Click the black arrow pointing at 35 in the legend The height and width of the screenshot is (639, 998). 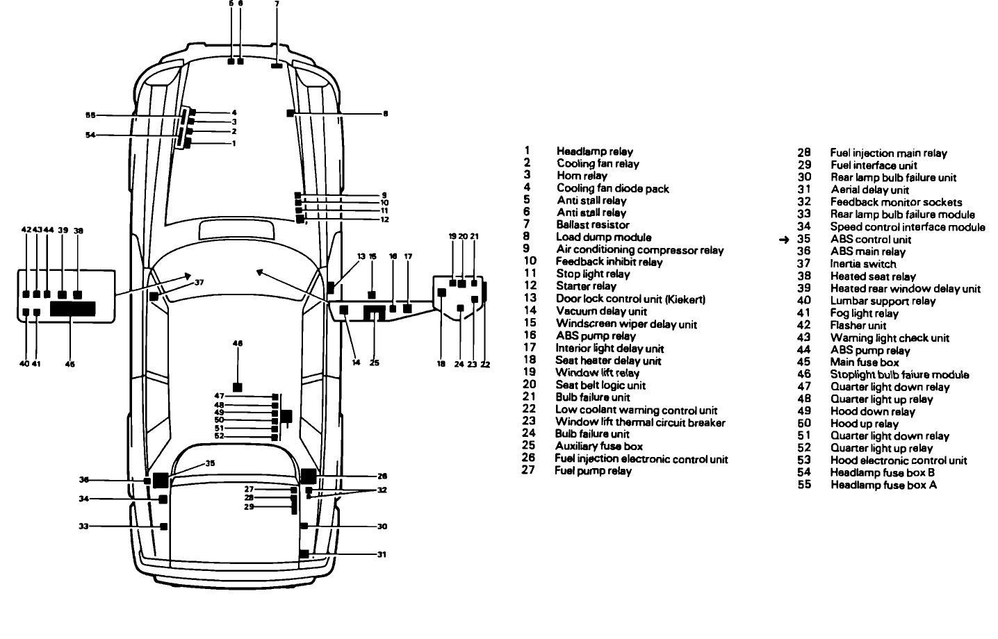point(784,240)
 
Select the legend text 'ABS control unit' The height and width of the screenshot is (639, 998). point(871,240)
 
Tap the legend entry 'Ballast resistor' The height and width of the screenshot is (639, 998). point(593,225)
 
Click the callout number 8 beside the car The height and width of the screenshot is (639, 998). point(386,113)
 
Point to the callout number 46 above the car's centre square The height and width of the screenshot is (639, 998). point(238,343)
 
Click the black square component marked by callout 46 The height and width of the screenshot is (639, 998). point(238,387)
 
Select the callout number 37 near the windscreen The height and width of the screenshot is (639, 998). point(199,282)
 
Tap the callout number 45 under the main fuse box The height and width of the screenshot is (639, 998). point(70,364)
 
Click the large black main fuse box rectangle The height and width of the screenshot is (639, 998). point(72,308)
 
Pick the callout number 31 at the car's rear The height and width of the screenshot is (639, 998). point(382,554)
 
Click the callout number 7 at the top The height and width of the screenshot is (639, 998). point(277,4)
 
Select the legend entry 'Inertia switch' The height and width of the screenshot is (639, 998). point(862,264)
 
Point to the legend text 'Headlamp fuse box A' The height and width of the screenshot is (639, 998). point(883,485)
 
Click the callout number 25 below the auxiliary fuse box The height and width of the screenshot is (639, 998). point(375,362)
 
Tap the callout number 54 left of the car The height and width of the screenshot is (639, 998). point(90,135)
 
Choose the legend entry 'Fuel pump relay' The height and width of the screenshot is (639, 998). point(593,471)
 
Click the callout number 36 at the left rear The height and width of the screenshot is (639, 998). point(84,480)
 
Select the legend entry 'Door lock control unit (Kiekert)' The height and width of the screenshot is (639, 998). point(630,299)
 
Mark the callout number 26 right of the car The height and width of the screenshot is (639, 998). point(382,476)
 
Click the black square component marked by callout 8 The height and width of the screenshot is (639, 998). point(291,113)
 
